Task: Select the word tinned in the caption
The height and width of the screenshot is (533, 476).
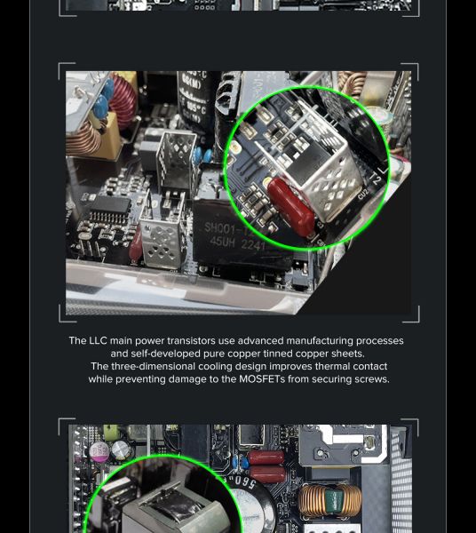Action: [x=291, y=354]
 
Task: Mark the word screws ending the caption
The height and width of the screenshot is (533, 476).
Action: [x=369, y=379]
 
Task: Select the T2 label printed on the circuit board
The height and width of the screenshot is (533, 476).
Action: [x=374, y=179]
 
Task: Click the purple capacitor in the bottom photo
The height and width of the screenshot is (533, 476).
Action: [x=98, y=451]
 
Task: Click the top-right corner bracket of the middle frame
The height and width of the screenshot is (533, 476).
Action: [x=411, y=70]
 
